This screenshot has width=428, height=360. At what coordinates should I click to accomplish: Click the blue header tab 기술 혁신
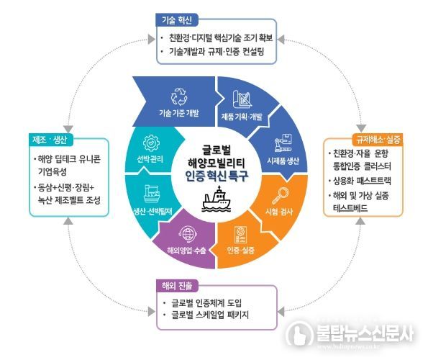click(177, 20)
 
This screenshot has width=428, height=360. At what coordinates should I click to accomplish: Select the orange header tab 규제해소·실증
click(378, 140)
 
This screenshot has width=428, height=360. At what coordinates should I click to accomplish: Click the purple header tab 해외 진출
click(177, 286)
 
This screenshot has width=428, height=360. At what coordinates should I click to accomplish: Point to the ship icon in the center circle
click(217, 199)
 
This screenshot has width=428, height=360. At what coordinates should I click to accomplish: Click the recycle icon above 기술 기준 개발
click(179, 96)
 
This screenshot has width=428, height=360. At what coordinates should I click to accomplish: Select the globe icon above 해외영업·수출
click(188, 234)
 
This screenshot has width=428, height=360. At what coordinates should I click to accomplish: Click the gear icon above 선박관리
click(151, 143)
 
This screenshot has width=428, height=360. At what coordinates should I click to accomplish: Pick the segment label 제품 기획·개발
click(242, 117)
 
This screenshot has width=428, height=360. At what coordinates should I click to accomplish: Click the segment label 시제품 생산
click(283, 161)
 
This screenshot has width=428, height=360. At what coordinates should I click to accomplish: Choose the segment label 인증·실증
click(241, 250)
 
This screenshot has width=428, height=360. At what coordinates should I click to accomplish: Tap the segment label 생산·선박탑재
click(152, 212)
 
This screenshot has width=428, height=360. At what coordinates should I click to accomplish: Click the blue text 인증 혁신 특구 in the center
click(217, 176)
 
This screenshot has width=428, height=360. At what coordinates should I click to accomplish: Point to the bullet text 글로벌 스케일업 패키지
click(209, 315)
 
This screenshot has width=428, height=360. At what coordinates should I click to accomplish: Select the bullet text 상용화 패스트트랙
click(363, 181)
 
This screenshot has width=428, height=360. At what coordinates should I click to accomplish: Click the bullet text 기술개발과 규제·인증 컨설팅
click(217, 52)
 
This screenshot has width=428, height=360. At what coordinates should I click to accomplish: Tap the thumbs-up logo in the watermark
click(299, 333)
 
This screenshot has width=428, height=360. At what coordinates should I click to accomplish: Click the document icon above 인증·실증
click(241, 235)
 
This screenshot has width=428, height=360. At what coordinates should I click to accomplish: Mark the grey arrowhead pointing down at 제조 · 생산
click(68, 129)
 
